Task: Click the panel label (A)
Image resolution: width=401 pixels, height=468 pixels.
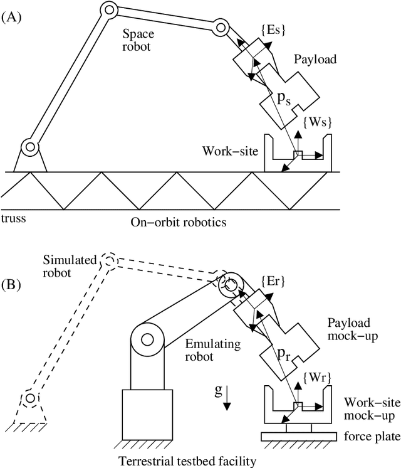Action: coord(12,18)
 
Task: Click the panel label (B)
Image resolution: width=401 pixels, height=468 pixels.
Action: coord(12,285)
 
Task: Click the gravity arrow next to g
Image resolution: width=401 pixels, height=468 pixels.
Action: coord(227,400)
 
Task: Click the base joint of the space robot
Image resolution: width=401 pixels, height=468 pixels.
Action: coord(29,148)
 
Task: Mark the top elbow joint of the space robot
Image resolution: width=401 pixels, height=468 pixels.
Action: coord(109,9)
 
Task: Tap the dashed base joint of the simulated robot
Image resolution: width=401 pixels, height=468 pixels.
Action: coord(29,398)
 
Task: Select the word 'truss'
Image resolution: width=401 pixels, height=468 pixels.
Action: coord(13,218)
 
